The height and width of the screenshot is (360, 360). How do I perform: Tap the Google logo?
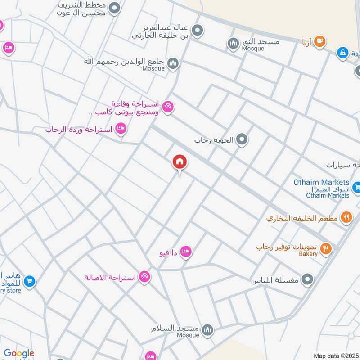[x=19, y=353]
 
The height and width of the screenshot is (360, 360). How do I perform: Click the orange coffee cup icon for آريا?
[x=319, y=42]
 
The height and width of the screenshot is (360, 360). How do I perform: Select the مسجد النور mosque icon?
[x=233, y=43]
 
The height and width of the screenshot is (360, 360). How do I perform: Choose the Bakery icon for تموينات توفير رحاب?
[x=326, y=248]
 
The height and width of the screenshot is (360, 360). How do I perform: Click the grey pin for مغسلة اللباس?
[x=308, y=280]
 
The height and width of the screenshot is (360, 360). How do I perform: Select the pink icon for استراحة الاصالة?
[x=144, y=276]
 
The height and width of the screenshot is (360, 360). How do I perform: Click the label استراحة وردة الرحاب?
[x=79, y=130]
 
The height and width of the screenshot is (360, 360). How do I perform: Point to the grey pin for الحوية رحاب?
[x=242, y=140]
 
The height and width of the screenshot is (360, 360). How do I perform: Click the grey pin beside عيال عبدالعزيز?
[x=197, y=31]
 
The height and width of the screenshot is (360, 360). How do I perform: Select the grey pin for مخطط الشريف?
[x=115, y=8]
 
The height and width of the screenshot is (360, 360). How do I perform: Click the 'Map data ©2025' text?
[x=336, y=355]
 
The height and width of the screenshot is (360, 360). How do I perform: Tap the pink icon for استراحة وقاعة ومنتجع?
[x=168, y=107]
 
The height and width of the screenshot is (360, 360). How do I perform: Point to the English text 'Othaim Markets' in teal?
[x=321, y=182]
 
